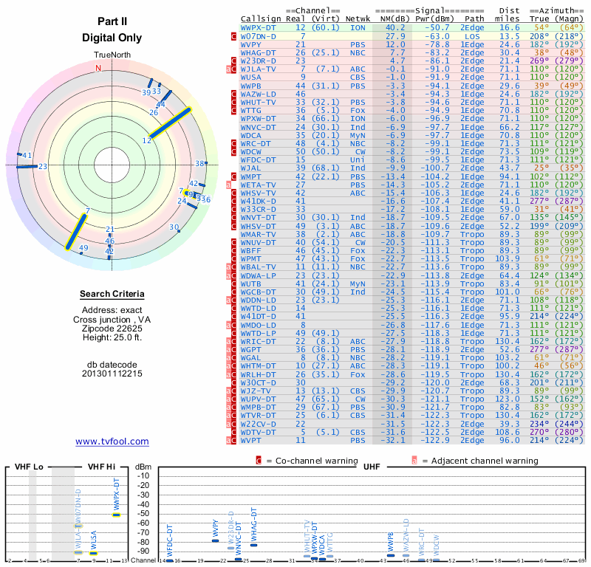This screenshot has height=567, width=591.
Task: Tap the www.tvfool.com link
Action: pos(112,441)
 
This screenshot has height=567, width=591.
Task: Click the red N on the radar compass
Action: pos(98,68)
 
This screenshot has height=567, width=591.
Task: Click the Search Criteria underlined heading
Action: pos(112,295)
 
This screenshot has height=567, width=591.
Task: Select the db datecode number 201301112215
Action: pos(112,374)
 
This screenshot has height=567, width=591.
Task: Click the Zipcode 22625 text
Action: pos(112,329)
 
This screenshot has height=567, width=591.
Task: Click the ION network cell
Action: pos(357,27)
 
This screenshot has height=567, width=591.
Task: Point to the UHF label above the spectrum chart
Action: pos(373,467)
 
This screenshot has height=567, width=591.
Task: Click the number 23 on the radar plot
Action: pos(44,166)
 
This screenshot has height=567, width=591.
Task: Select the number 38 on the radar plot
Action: pos(199,163)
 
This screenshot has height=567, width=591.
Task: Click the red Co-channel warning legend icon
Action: pos(259,460)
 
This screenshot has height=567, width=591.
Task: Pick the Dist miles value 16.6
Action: pos(510,27)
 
